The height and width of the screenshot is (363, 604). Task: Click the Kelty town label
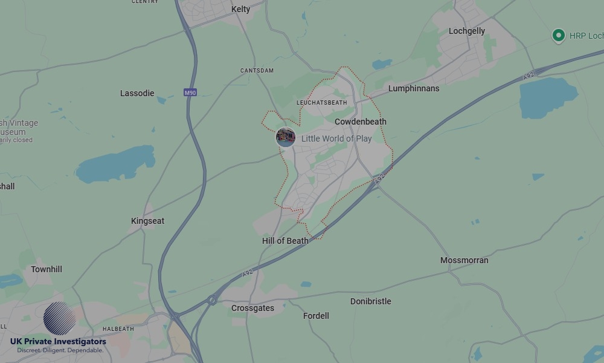tap(240, 9)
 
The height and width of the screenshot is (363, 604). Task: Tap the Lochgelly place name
tap(467, 31)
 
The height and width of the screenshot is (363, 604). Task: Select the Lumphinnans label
tap(414, 88)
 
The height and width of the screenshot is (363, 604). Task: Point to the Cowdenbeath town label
tap(360, 122)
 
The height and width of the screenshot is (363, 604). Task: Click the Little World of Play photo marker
tap(285, 137)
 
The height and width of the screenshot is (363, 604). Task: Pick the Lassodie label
tap(137, 93)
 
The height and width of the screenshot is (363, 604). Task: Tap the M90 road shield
tap(190, 93)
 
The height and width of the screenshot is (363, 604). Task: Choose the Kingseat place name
tap(147, 221)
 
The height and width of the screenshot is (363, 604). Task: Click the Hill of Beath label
tap(285, 241)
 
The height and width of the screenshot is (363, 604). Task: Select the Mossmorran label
tap(464, 260)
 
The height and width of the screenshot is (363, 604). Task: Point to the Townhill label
tap(47, 269)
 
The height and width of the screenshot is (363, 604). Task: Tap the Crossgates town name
tap(252, 308)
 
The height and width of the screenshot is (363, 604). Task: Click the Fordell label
tap(316, 316)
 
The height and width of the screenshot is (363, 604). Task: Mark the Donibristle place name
tap(371, 301)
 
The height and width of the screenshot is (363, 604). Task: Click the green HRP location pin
tap(558, 36)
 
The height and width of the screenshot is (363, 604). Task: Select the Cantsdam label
tap(257, 71)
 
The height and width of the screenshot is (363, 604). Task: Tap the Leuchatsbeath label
tap(322, 103)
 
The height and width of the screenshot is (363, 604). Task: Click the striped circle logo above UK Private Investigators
tap(60, 318)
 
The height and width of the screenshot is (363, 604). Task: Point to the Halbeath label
tap(118, 329)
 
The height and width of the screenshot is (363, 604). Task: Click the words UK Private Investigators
tap(58, 342)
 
